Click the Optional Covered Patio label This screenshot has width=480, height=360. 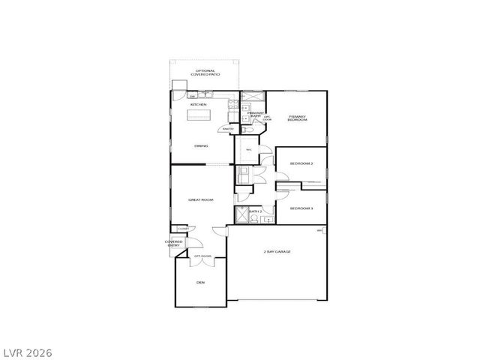(x=204, y=73)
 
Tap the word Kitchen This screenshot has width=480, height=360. (x=198, y=105)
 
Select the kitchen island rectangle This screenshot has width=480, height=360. (x=199, y=115)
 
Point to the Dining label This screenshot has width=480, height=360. (x=201, y=145)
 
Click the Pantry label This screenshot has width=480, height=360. (x=226, y=128)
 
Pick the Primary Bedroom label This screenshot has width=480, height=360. (x=297, y=118)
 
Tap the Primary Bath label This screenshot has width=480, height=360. (x=255, y=115)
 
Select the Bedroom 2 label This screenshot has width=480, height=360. (x=301, y=163)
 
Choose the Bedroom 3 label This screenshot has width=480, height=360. (x=301, y=208)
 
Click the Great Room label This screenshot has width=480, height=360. (x=201, y=199)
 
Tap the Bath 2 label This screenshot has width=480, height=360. (x=256, y=212)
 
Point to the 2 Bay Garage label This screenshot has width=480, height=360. (x=277, y=251)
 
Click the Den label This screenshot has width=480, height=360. (x=200, y=283)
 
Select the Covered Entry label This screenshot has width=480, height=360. (x=174, y=243)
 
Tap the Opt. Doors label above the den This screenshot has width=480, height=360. (x=203, y=256)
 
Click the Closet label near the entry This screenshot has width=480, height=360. (x=182, y=229)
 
